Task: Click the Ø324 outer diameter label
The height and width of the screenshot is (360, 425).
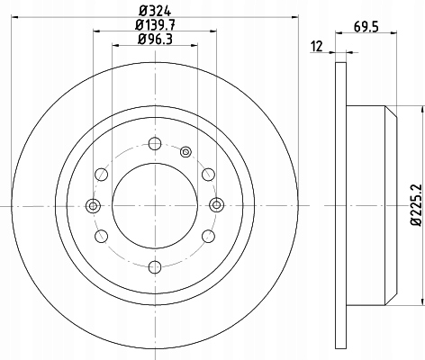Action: [x=155, y=11]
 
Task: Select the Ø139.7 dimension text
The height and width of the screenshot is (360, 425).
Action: [x=155, y=25]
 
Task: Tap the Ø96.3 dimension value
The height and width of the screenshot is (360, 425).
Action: [x=155, y=39]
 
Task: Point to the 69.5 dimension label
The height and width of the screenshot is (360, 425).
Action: [x=366, y=27]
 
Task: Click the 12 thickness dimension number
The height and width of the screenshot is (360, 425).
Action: [x=317, y=47]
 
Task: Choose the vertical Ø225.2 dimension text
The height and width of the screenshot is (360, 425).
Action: [x=416, y=205]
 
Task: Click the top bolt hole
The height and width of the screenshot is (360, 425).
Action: [x=155, y=143]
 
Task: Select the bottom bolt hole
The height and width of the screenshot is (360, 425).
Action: [x=155, y=267]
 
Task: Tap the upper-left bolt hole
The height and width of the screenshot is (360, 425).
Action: [x=102, y=175]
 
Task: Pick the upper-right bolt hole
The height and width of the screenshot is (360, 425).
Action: [x=208, y=175]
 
